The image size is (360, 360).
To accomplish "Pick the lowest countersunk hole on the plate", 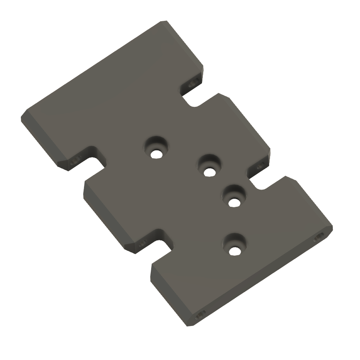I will pos(235,245).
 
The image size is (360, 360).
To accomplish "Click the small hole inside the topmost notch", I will pos(195,83).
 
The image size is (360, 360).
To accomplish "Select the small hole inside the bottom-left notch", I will pos(142,243).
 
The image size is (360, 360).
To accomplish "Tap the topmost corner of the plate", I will pos(163,22).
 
